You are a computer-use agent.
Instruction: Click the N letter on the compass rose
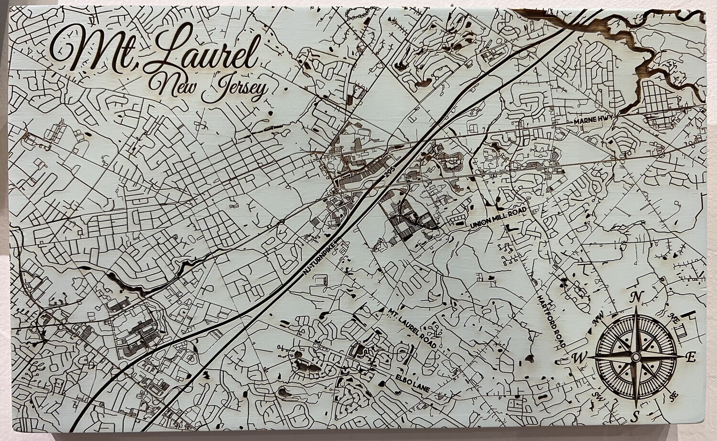tap(636, 297)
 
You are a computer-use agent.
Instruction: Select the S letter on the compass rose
tap(636, 414)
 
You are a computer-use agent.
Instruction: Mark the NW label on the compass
tap(597, 317)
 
